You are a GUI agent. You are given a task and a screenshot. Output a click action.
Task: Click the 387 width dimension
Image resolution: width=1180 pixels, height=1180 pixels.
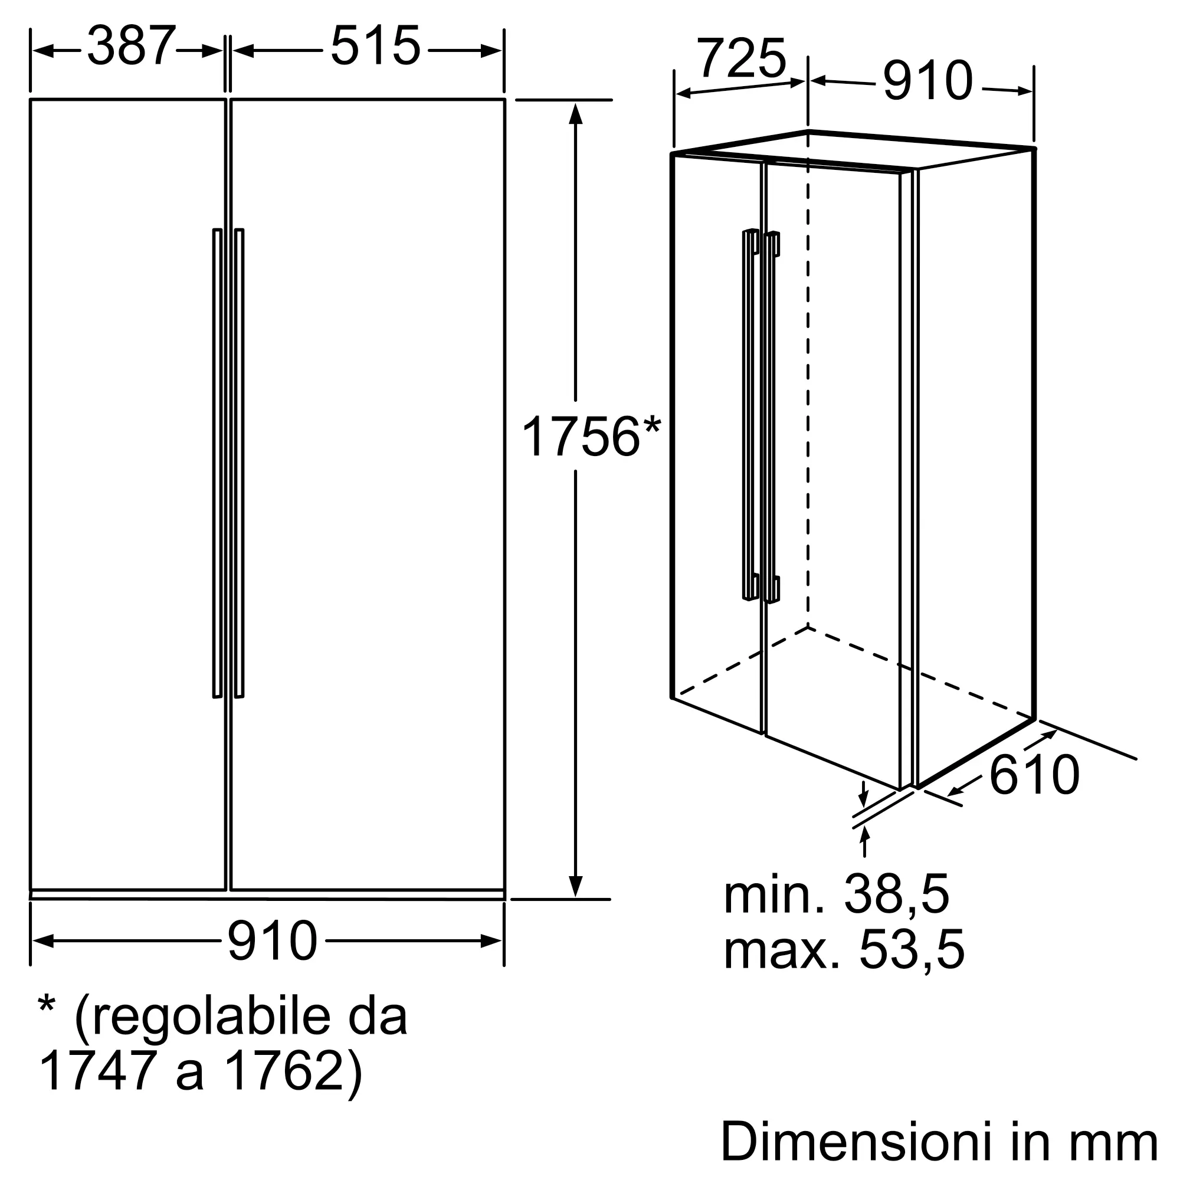point(132,46)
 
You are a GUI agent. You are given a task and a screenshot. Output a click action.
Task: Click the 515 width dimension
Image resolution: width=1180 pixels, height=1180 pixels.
point(375,46)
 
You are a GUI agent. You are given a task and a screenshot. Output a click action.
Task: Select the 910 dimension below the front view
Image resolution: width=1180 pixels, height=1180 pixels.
point(273,940)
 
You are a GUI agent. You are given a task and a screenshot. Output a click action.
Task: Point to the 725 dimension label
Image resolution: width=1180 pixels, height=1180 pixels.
point(742,58)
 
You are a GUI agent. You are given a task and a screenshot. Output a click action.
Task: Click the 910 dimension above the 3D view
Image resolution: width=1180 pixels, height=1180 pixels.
point(927,81)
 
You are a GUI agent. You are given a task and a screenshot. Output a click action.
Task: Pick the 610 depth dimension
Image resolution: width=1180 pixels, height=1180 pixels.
point(1034,775)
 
